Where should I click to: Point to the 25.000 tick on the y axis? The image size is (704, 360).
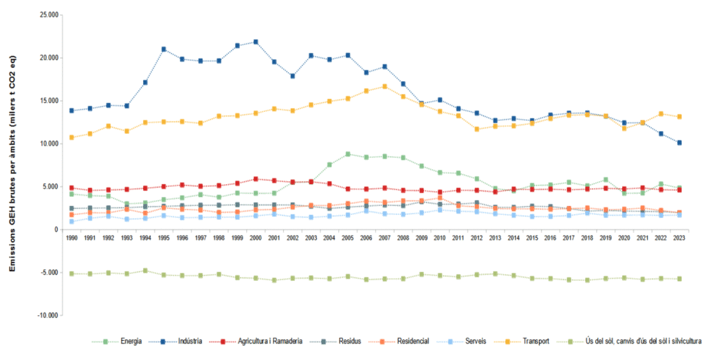[x=48, y=14]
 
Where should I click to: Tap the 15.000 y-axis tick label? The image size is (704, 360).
[x=48, y=101]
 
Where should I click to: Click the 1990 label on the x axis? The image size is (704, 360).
[x=71, y=237]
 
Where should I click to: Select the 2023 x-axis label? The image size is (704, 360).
[x=679, y=237]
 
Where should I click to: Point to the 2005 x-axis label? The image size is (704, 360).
[x=348, y=237]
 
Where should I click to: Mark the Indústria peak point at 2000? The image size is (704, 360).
[x=256, y=42]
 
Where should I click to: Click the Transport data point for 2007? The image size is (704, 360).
[x=385, y=87]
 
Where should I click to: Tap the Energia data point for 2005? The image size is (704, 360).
[x=348, y=154]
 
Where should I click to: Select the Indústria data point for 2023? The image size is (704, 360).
[x=679, y=143]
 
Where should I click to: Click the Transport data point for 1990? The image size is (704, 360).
[x=71, y=137]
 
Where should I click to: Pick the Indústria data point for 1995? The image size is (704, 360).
[x=164, y=49]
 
